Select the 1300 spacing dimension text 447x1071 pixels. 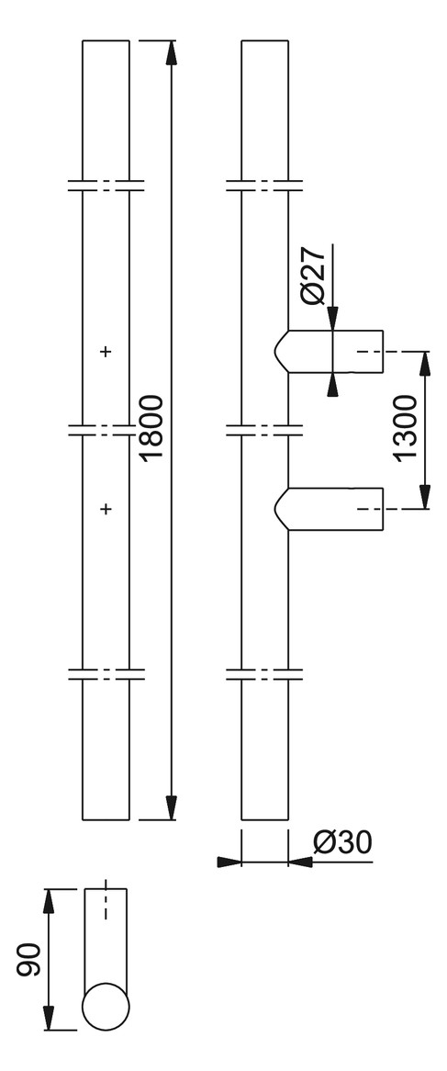coord(408,429)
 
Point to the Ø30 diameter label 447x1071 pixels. coord(342,843)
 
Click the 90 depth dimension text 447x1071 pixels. coord(30,961)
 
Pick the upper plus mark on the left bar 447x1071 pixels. coord(106,352)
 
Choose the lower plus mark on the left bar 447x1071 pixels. coord(106,509)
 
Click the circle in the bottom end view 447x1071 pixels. coord(106,1007)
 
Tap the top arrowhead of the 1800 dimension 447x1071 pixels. coord(172,52)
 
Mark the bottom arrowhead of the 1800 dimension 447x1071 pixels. coord(172,807)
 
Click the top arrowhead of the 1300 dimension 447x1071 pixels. coord(424,364)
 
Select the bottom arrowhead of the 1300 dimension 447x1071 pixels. coord(424,497)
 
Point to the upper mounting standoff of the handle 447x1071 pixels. coord(329,352)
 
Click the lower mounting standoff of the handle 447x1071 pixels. coord(329,509)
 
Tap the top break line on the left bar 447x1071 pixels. coord(106,186)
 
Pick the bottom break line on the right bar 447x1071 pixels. coord(264,674)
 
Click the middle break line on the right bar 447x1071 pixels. coord(264,430)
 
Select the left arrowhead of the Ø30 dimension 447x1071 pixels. coord(229,862)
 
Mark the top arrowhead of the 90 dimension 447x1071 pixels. coord(49,902)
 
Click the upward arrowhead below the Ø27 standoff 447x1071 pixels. coord(332,385)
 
